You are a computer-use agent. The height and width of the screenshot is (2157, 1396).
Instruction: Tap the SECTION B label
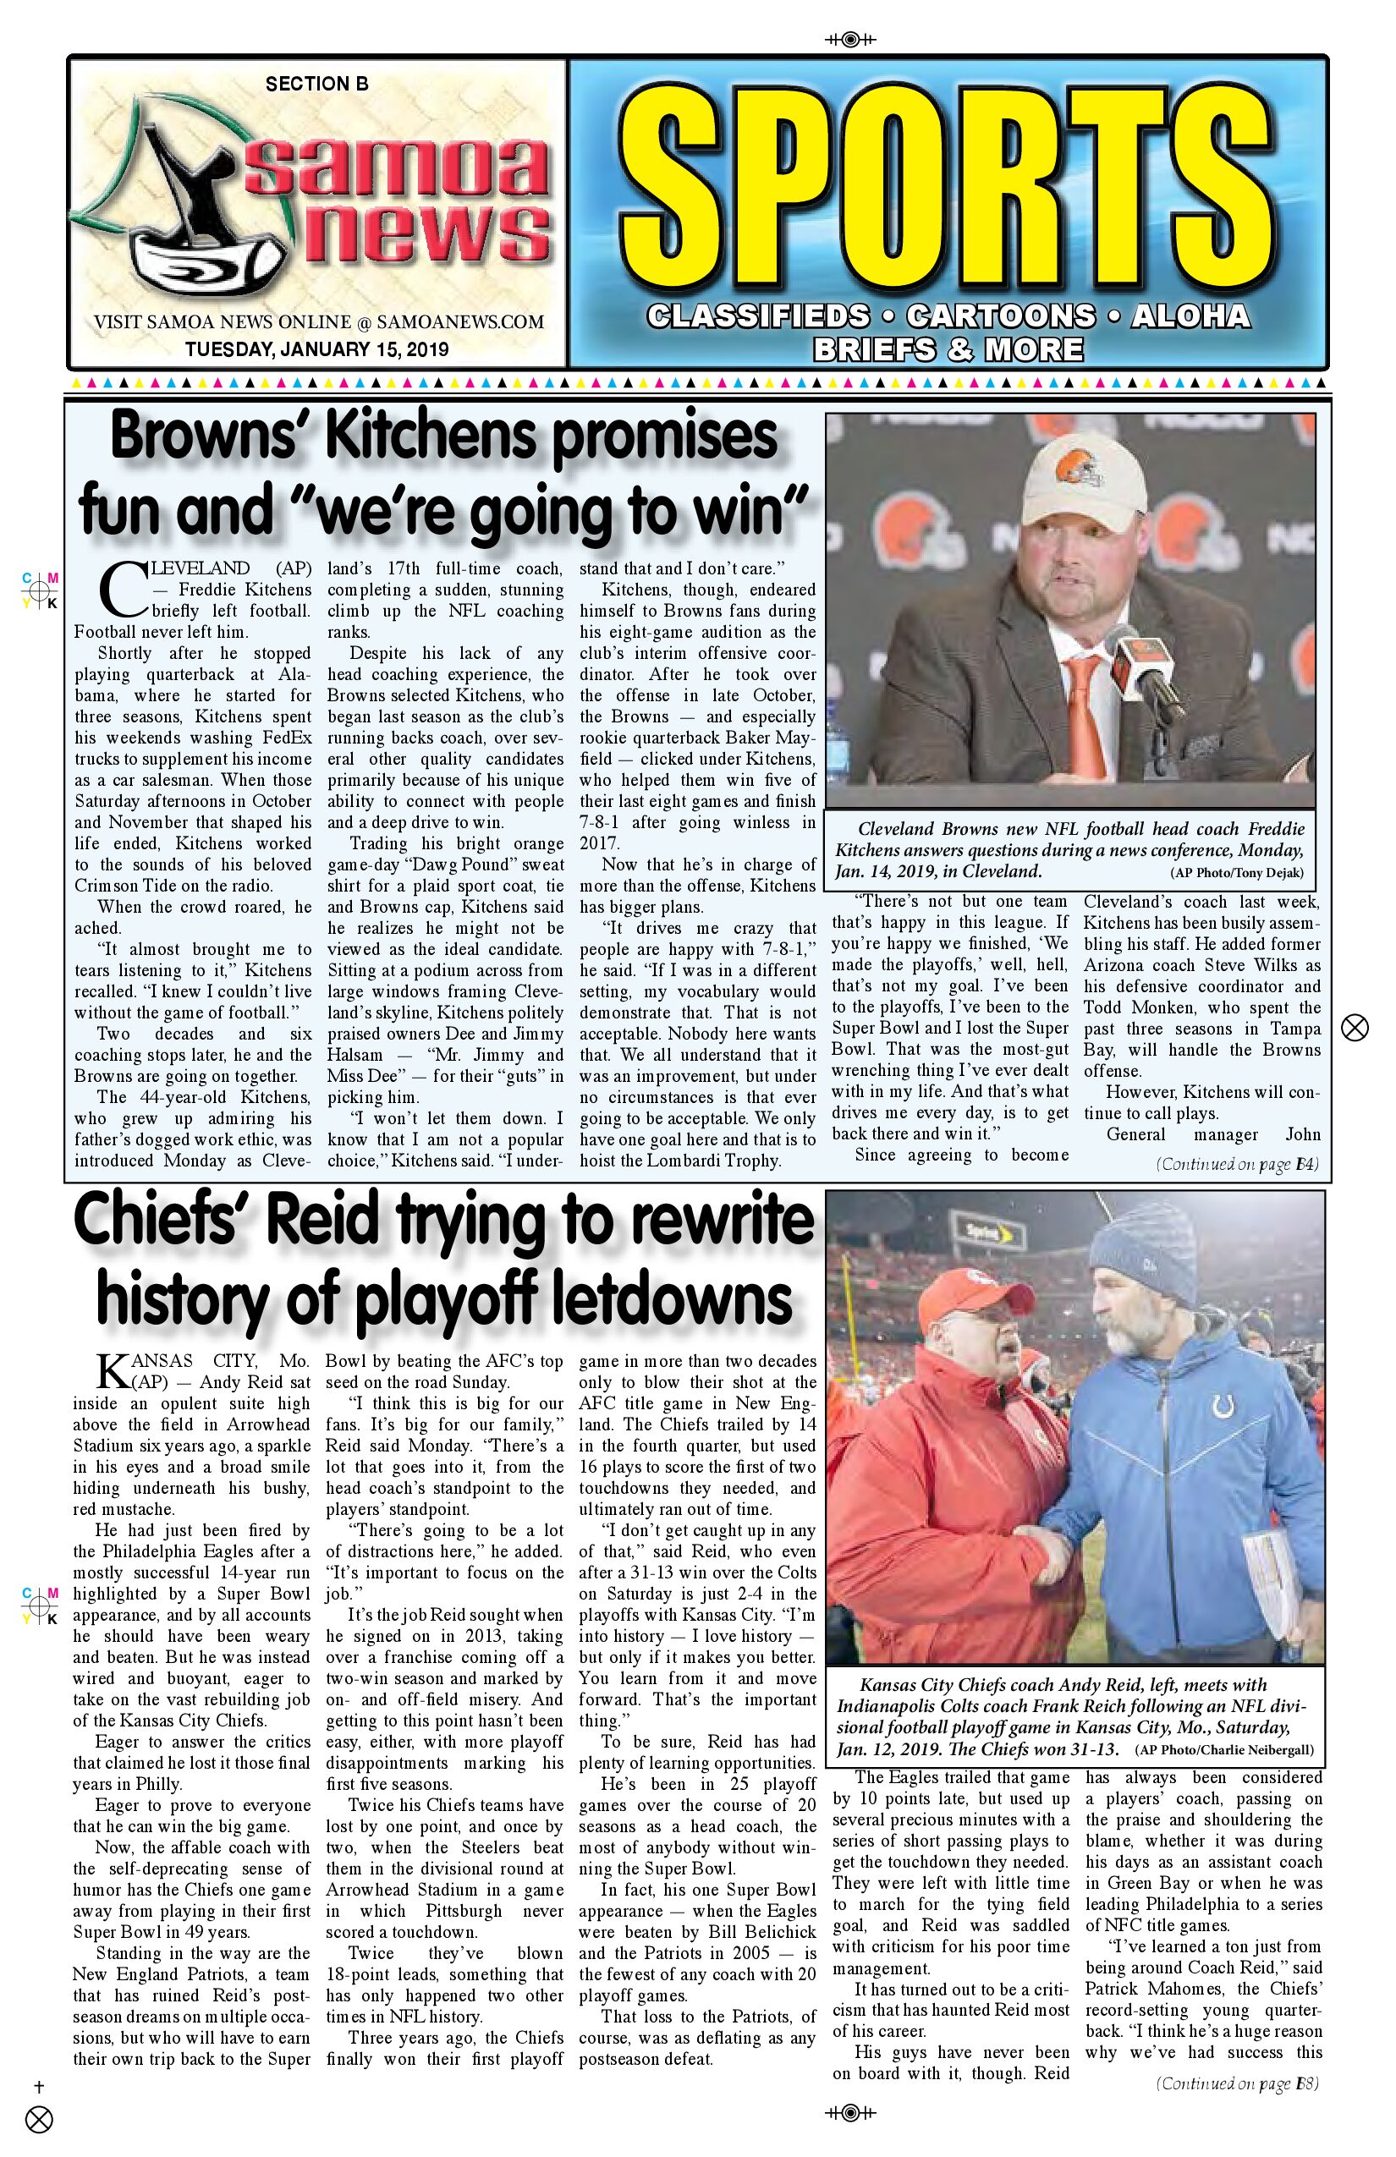point(316,85)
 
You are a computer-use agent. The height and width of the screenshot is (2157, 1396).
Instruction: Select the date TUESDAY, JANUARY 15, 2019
point(316,349)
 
